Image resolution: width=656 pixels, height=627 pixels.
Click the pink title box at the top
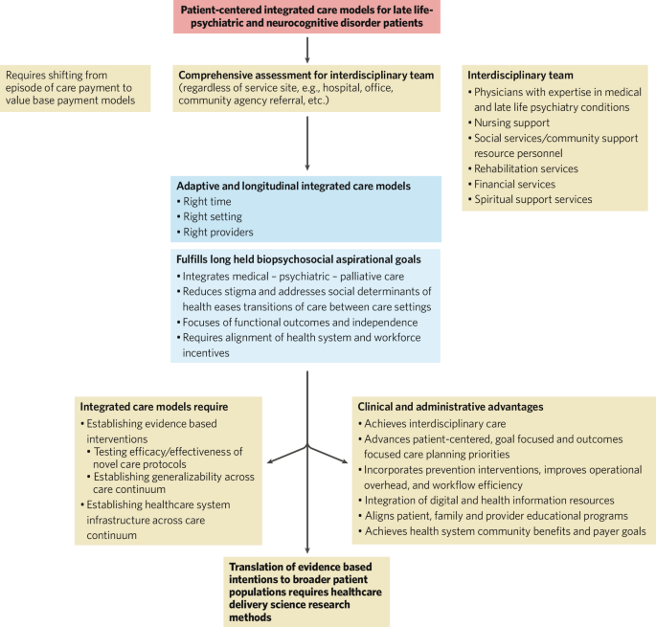click(x=306, y=18)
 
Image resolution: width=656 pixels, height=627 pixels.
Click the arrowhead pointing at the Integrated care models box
click(x=271, y=464)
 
